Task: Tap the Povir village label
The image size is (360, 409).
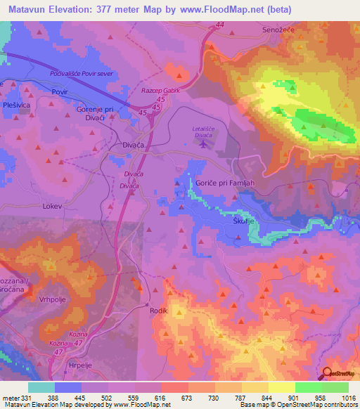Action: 59,92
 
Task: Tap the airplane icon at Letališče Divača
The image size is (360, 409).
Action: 204,145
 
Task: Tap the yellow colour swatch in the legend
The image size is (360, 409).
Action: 281,387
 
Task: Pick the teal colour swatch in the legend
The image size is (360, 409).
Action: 41,387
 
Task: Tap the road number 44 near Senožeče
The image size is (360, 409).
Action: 220,25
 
